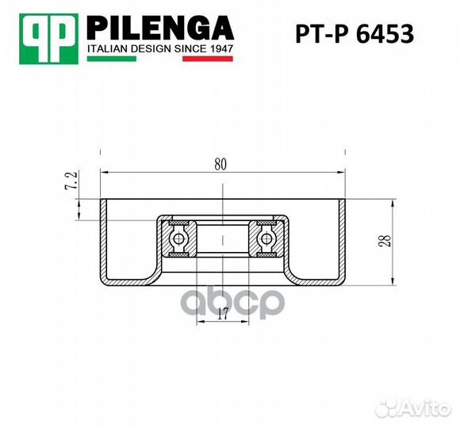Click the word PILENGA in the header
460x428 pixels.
click(159, 29)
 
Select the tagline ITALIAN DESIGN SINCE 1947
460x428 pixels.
click(159, 49)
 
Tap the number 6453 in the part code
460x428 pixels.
click(387, 35)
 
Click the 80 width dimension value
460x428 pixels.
click(220, 165)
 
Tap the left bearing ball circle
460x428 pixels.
click(179, 238)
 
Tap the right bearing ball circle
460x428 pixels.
click(264, 238)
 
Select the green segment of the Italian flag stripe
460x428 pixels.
click(100, 59)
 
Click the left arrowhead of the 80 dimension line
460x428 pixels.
click(104, 173)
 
